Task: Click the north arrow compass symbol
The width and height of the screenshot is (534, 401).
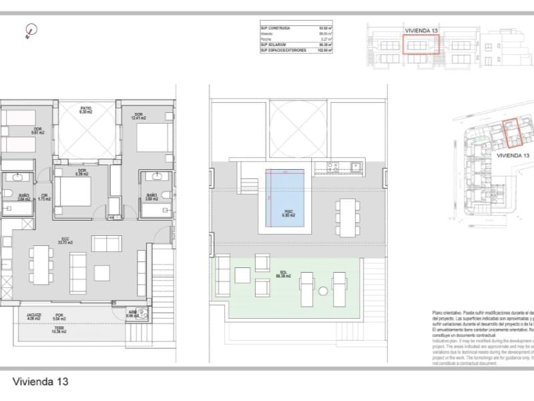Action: point(31,30)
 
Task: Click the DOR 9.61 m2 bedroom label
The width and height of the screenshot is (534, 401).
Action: point(38,130)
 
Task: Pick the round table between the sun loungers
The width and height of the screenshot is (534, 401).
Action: point(323,291)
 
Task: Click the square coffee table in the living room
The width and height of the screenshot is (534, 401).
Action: point(102,273)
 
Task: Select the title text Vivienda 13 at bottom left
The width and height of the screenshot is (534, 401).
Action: point(40,382)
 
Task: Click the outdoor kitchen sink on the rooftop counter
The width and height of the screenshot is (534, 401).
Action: point(355,166)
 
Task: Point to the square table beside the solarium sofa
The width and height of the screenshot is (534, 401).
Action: point(260,289)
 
